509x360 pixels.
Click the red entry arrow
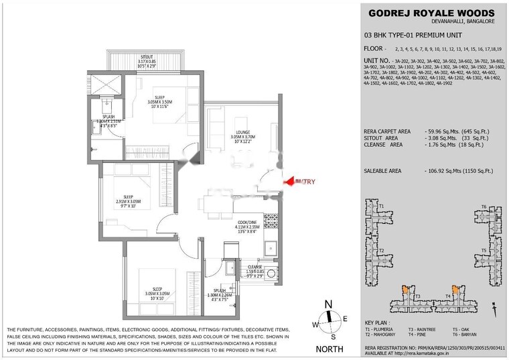tap(287, 180)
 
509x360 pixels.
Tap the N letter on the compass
tap(328, 304)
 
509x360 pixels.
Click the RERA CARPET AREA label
tap(387, 131)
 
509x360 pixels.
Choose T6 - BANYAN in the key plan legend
tap(464, 334)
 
